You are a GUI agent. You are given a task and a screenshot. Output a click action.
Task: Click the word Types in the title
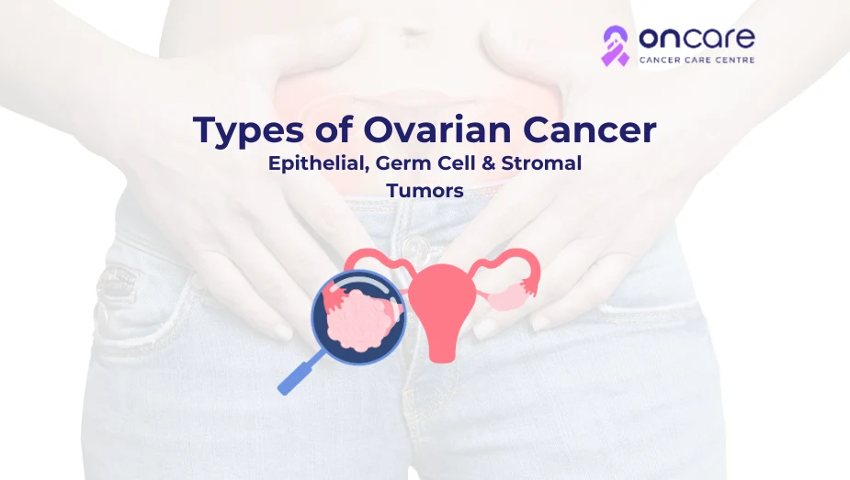coord(249,131)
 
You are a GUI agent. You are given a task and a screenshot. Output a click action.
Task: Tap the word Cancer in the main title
coord(589,130)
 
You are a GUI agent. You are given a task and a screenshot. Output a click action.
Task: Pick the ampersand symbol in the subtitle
coord(489,162)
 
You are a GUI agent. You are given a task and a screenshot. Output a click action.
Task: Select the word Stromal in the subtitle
coord(541,162)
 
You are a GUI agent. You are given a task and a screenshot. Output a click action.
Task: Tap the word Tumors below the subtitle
coord(425,191)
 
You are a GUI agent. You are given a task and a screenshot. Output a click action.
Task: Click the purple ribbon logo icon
coord(616,46)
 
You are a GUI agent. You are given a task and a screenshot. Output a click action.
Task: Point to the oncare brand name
coord(697,38)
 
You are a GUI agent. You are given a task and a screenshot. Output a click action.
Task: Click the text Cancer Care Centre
coord(697,60)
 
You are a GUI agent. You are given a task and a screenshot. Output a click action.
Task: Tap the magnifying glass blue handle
coord(300,373)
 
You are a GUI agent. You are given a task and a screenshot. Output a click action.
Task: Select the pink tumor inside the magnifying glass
coord(357,321)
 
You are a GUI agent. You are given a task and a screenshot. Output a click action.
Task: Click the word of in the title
coord(334,130)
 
